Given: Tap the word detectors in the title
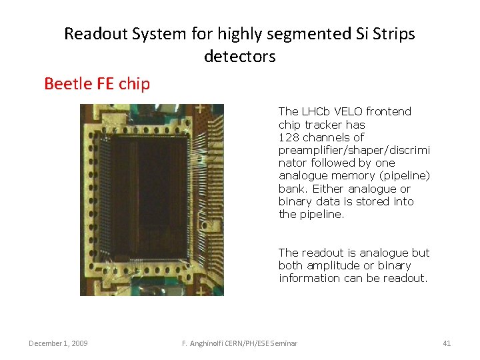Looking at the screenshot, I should coord(239,57).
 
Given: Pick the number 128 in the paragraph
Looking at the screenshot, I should coord(289,137).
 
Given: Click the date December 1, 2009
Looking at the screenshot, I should coord(57,343).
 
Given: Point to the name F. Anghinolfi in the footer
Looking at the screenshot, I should coord(207,343).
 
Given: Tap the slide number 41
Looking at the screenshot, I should coord(446,343).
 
